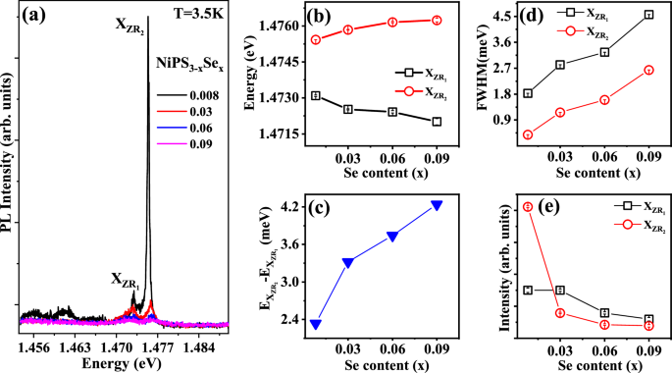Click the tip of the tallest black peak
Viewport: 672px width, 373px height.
[x=148, y=17]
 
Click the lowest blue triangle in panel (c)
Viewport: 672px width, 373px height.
[x=316, y=324]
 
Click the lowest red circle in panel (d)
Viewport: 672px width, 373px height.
[x=528, y=134]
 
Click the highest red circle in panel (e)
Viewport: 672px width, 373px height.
[x=528, y=206]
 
